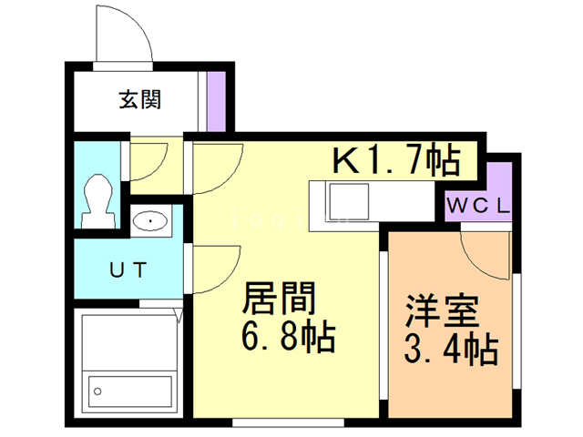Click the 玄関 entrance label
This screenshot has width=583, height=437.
pyautogui.click(x=139, y=99)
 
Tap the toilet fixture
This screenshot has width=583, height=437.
pyautogui.click(x=97, y=200)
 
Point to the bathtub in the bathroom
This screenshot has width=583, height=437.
pyautogui.click(x=128, y=368)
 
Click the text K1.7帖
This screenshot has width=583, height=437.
pyautogui.click(x=395, y=162)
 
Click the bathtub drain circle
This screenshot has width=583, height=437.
pyautogui.click(x=96, y=392)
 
